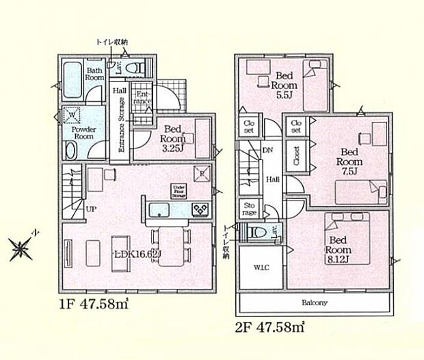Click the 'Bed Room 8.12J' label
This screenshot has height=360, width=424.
340,250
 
